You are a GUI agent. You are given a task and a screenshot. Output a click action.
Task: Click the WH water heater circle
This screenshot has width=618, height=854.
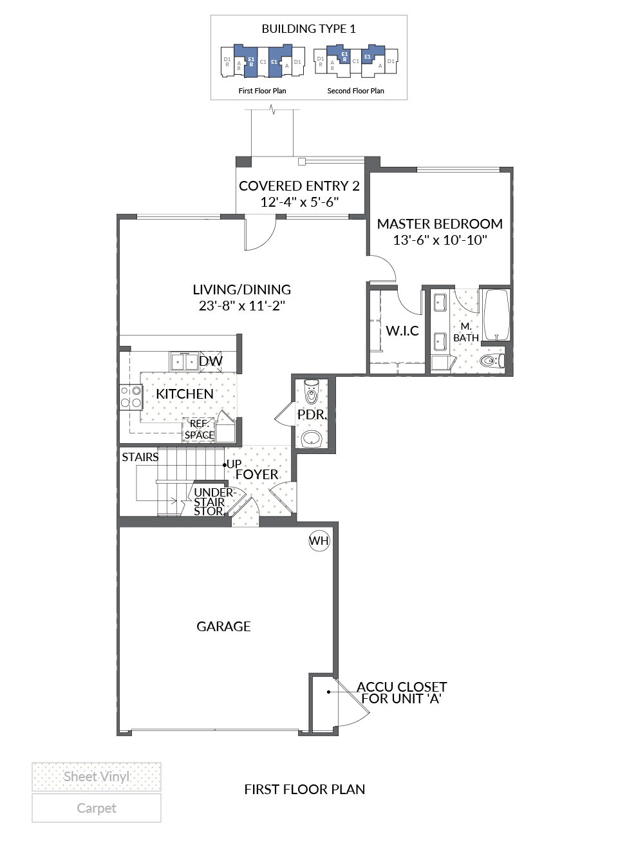319,540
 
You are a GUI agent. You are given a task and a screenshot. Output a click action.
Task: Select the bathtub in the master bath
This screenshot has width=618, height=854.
496,315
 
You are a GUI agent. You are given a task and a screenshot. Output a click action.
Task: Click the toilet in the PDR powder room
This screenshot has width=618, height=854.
312,392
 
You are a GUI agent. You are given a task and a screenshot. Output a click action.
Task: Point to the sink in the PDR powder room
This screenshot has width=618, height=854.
312,439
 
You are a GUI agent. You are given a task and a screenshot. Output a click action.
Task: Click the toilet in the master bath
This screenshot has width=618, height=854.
492,360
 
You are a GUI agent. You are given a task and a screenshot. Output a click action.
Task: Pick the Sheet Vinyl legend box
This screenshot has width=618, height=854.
97,777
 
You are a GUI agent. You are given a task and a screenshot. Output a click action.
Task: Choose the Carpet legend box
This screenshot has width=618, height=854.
97,808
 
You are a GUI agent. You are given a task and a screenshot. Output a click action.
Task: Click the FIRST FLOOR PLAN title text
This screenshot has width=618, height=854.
304,789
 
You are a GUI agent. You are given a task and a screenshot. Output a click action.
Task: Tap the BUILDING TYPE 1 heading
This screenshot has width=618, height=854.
308,29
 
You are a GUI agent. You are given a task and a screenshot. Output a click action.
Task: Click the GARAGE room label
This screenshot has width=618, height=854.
223,627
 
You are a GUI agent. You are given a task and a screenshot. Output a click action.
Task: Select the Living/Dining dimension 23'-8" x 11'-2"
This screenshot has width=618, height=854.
242,306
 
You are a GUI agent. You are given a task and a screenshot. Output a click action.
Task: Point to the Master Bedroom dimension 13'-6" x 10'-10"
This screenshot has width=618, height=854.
440,240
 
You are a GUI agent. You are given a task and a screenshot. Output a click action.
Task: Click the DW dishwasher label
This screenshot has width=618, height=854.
211,361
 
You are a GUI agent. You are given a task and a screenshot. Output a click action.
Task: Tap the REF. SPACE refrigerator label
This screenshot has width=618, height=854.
200,430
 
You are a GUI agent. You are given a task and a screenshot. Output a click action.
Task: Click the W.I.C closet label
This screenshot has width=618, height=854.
402,331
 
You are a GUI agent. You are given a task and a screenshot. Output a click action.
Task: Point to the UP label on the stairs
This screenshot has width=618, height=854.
234,464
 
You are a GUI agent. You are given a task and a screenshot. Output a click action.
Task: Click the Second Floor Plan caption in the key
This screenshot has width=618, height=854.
355,91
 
